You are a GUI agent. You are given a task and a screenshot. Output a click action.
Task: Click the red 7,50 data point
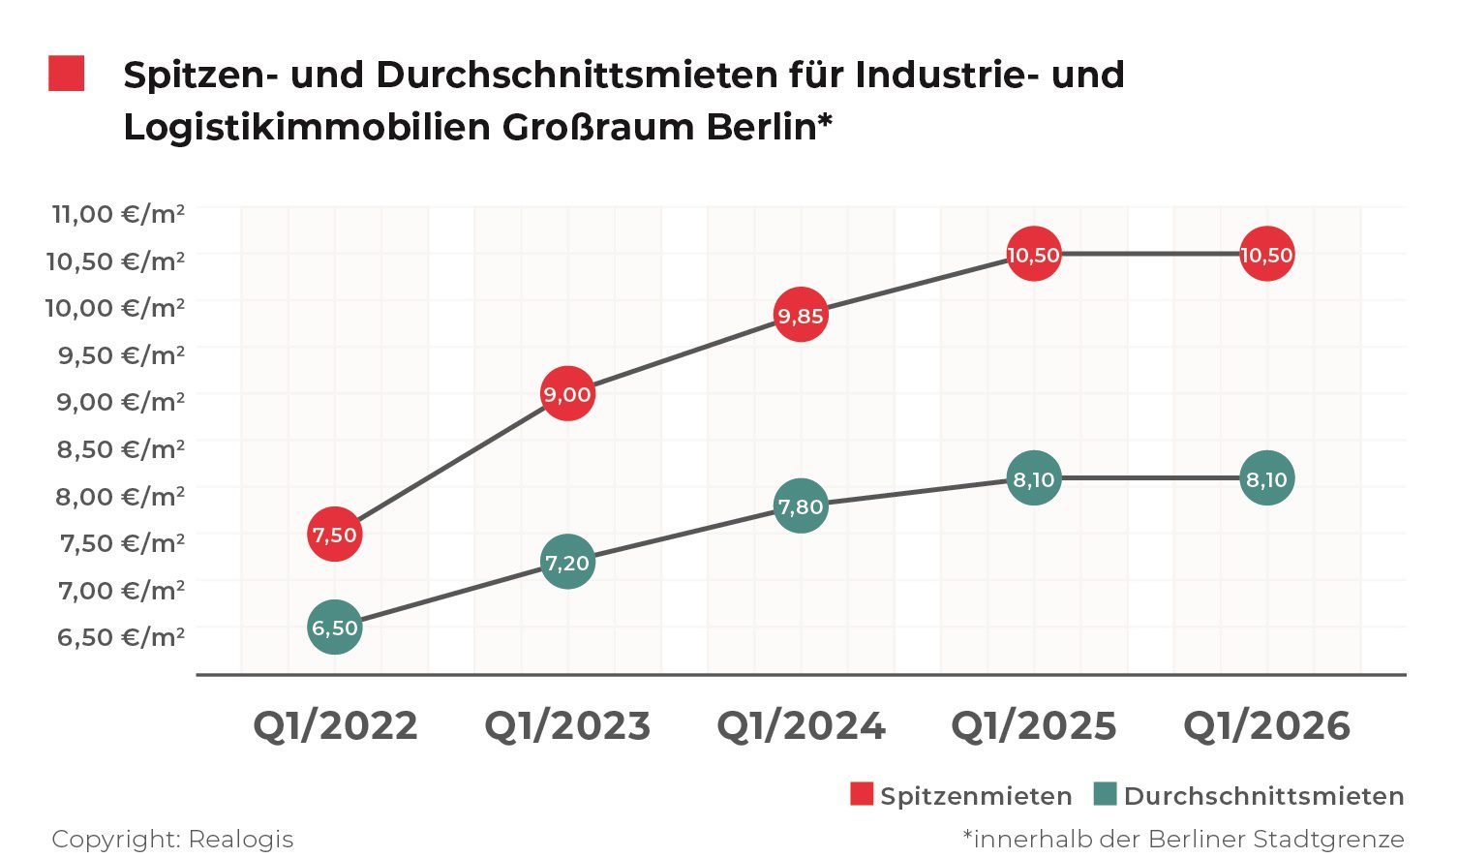pyautogui.click(x=335, y=535)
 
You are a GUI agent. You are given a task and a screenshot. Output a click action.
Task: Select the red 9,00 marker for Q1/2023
pyautogui.click(x=567, y=394)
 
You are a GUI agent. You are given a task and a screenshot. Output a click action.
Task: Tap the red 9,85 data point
pyautogui.click(x=801, y=316)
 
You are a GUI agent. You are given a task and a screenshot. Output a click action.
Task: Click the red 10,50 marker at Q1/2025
pyautogui.click(x=1034, y=255)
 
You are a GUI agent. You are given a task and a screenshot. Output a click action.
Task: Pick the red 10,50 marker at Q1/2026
pyautogui.click(x=1266, y=255)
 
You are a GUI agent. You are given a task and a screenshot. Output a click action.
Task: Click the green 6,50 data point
pyautogui.click(x=335, y=628)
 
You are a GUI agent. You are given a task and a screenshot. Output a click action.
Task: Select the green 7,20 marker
pyautogui.click(x=567, y=563)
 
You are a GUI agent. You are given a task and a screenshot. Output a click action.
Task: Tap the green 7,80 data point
pyautogui.click(x=801, y=506)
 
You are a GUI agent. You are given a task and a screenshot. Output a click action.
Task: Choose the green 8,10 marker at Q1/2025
pyautogui.click(x=1034, y=478)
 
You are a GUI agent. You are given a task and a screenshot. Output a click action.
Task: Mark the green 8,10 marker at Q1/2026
pyautogui.click(x=1266, y=478)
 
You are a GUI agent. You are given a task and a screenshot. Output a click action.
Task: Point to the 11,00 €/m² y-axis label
pyautogui.click(x=117, y=213)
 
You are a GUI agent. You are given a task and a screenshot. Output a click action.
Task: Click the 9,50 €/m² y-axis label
pyautogui.click(x=121, y=354)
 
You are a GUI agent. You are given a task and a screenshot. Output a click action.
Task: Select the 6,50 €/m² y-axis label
pyautogui.click(x=121, y=637)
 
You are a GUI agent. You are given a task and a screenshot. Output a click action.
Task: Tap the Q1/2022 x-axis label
pyautogui.click(x=335, y=726)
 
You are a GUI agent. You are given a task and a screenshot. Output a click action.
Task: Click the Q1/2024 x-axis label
pyautogui.click(x=801, y=726)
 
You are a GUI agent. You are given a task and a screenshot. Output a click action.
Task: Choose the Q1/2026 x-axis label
pyautogui.click(x=1266, y=726)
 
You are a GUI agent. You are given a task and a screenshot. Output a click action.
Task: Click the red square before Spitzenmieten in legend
pyautogui.click(x=862, y=794)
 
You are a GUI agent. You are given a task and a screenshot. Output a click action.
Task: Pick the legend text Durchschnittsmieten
pyautogui.click(x=1263, y=796)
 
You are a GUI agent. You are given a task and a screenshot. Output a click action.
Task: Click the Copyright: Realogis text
pyautogui.click(x=172, y=839)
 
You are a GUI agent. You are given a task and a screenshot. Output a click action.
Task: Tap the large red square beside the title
pyautogui.click(x=67, y=74)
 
